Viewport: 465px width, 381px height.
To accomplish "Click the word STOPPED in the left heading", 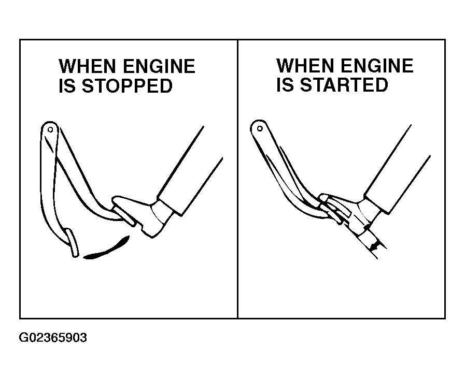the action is (x=127, y=86).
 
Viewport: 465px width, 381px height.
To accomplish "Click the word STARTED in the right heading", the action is (x=344, y=85).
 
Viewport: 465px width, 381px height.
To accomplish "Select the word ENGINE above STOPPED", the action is (x=159, y=66).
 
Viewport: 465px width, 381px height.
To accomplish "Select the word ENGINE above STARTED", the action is (x=377, y=65).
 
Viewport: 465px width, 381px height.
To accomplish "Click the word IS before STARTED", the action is (x=285, y=85).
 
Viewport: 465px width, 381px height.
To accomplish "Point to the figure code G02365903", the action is (x=53, y=338).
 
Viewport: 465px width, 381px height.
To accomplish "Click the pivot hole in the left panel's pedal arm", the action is (x=50, y=129).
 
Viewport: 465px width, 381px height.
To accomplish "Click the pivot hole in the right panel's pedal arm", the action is (x=260, y=128).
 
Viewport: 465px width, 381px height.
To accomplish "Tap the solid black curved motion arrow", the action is (x=107, y=249).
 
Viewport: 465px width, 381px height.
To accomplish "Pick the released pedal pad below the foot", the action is (x=72, y=242).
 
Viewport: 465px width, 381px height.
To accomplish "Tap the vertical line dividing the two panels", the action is (x=237, y=179).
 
